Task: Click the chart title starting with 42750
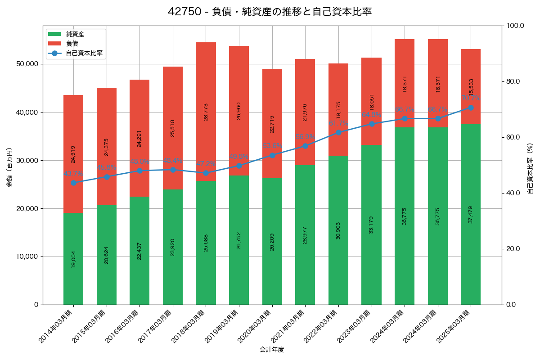270,12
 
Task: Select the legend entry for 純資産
75,34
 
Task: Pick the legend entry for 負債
72,44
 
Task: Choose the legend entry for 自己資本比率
84,53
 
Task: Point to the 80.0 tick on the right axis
513,81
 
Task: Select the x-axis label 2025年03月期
455,326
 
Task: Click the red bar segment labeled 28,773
206,112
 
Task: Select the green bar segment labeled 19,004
73,259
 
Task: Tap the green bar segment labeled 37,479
471,214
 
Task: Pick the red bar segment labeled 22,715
272,123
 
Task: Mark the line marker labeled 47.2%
206,173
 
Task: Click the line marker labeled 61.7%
338,132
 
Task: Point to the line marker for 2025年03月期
471,108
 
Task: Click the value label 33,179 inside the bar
371,225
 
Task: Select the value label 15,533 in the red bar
471,86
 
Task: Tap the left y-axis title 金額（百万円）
9,167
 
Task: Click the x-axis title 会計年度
272,350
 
